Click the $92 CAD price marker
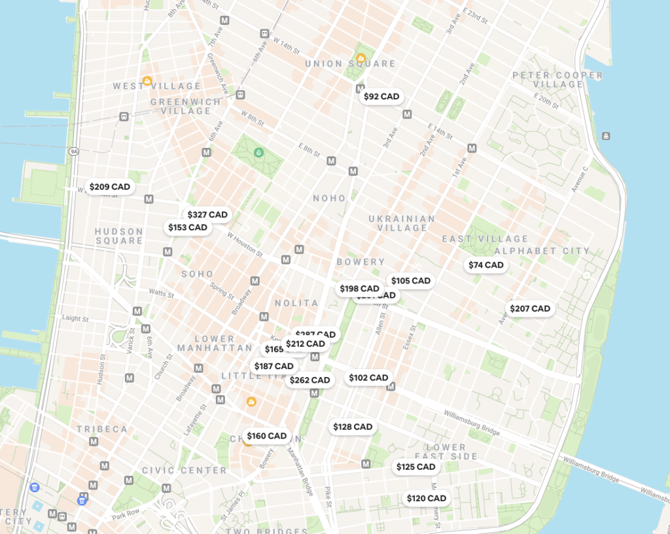coord(381,96)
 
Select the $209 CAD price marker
coord(110,187)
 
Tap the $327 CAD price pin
coord(207,215)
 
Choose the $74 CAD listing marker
coord(486,265)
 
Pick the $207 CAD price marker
coord(530,308)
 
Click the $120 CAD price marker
coord(427,498)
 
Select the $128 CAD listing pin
coord(353,427)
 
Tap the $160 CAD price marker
coord(266,436)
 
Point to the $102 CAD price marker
coord(368,378)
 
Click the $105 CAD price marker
coord(411,281)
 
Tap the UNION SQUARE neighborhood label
coord(351,63)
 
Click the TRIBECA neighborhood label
coord(102,429)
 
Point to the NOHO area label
coord(329,198)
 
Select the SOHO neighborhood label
coord(198,274)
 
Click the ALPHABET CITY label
coord(542,251)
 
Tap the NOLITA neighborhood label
coord(296,303)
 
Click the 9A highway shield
coord(74,151)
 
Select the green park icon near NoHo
coord(259,153)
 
